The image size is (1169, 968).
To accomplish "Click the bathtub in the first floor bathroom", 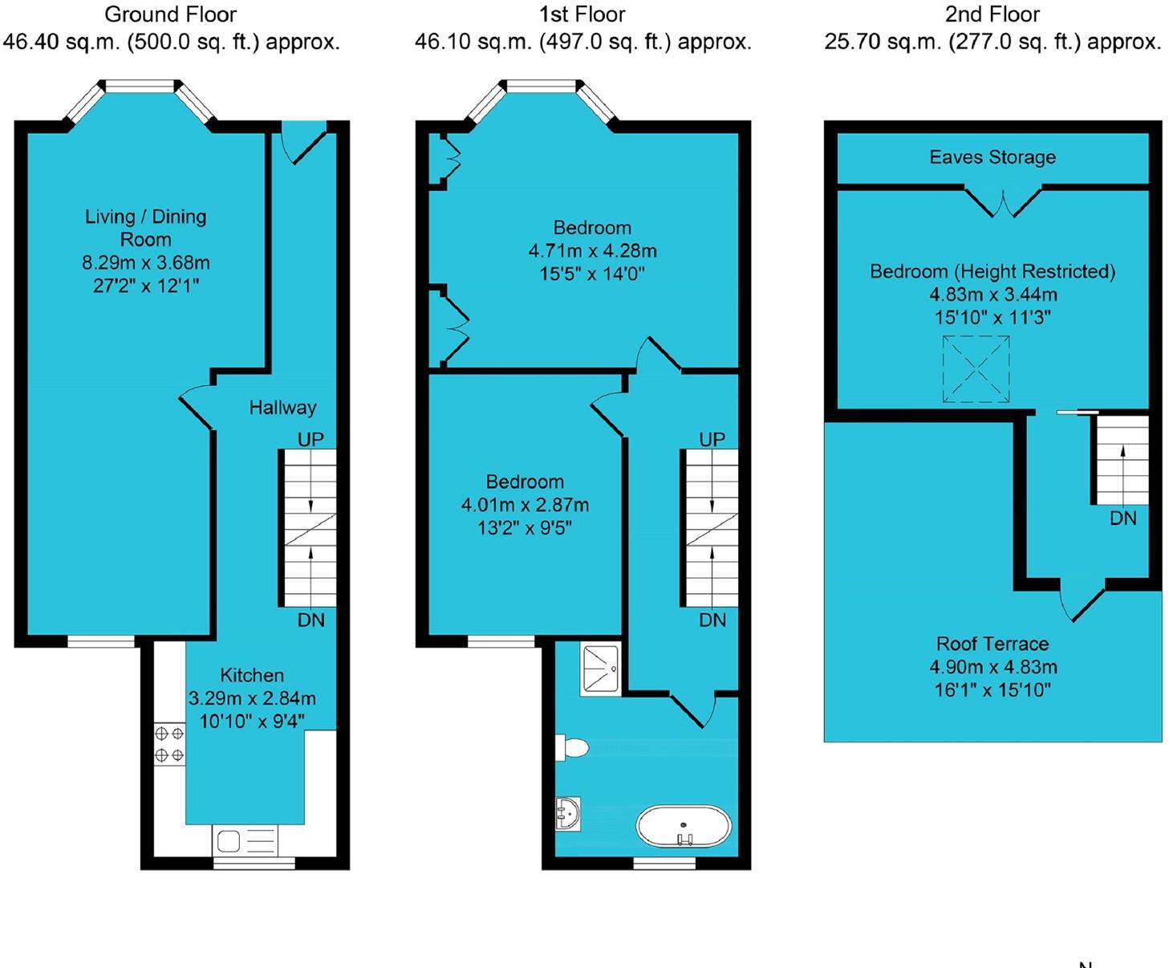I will click(684, 827).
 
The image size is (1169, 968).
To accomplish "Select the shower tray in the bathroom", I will click(599, 670).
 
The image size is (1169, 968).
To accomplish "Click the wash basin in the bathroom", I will click(568, 814).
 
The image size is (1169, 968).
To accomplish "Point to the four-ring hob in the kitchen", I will click(168, 744).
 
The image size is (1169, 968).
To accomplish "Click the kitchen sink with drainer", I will click(246, 841).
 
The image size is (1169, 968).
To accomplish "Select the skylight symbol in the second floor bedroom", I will click(975, 369).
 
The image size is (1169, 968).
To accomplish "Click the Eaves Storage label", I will click(992, 157).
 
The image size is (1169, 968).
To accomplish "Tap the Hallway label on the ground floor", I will click(282, 408).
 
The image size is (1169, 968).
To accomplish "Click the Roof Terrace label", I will click(992, 644).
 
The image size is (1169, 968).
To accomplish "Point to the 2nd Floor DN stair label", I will click(1122, 519).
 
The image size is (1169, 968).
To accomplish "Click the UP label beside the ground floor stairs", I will click(311, 439).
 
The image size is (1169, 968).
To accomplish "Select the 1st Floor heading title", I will click(582, 14).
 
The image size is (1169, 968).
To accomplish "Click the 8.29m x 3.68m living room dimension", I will click(145, 262).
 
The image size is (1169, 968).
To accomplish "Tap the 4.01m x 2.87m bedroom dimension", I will click(525, 505).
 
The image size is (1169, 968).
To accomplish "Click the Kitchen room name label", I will click(252, 675).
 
